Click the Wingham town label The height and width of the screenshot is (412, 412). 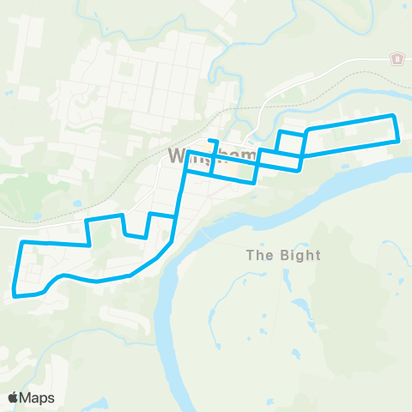pos(213,156)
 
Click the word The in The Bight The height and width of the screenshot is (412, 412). pos(258,255)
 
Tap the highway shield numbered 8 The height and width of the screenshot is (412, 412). pos(397,58)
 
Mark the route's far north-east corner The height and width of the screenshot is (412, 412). pos(393,115)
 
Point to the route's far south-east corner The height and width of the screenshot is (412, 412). pos(398,141)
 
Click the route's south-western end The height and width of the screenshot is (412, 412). pos(15,295)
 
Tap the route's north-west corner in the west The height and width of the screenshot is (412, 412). pos(21,244)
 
